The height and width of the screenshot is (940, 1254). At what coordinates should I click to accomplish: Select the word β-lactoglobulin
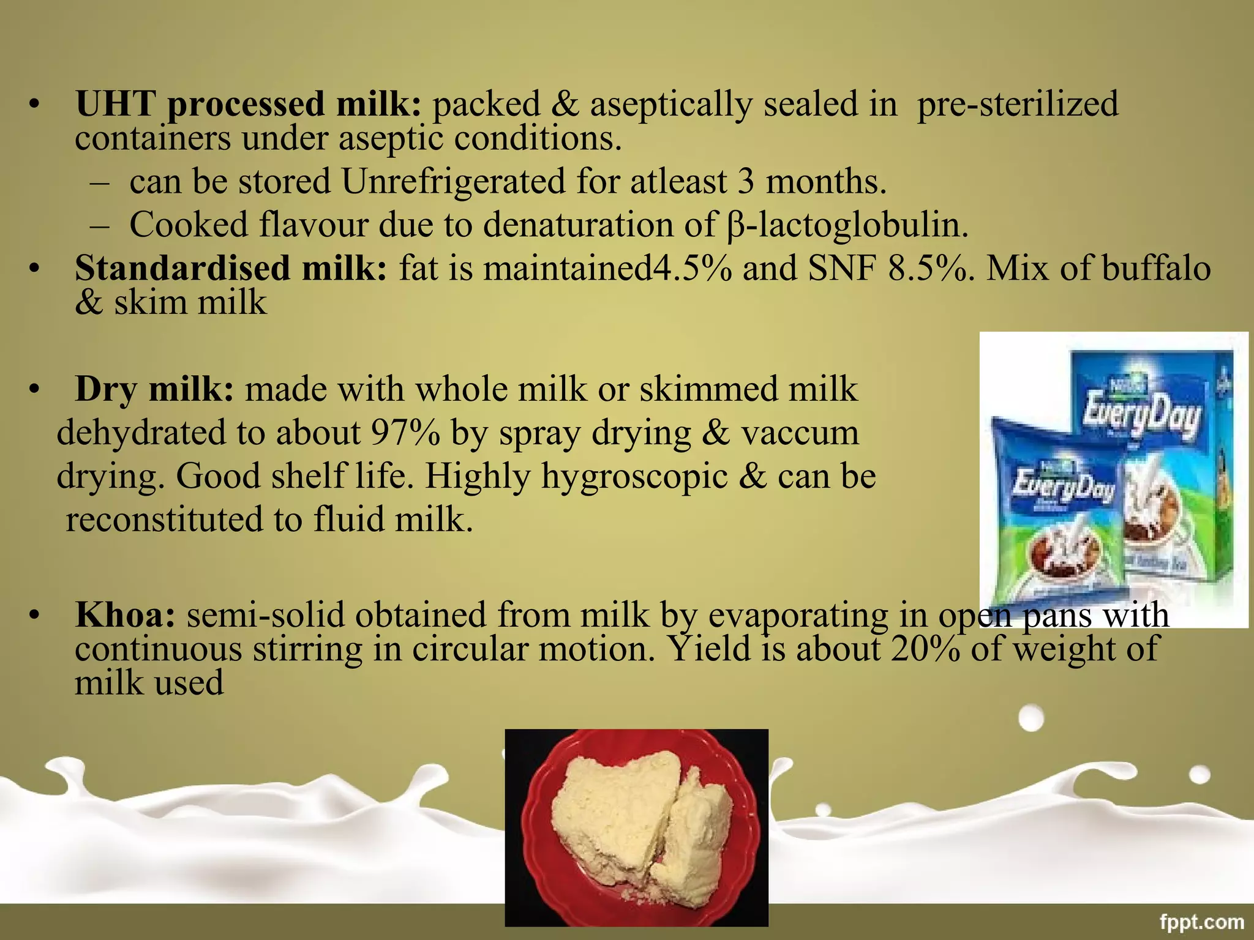(847, 225)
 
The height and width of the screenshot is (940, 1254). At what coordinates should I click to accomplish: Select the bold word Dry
(105, 389)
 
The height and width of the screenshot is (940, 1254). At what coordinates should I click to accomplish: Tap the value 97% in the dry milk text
(405, 433)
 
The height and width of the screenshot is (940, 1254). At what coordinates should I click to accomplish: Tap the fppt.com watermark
(1201, 922)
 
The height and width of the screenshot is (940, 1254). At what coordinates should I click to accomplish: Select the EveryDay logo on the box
(1141, 416)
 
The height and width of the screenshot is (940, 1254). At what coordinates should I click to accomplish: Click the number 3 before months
(745, 182)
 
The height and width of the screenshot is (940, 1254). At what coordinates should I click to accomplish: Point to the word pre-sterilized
(1017, 103)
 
